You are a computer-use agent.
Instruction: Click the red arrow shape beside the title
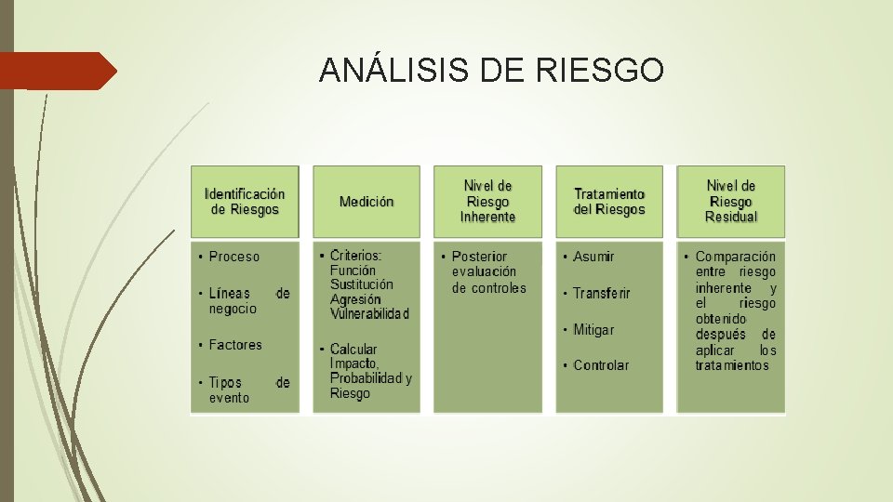58,71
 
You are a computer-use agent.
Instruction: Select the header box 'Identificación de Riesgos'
245,202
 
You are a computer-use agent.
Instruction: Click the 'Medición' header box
367,202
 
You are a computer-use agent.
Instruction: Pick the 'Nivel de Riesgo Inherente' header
487,201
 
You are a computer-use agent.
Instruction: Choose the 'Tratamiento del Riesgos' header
609,202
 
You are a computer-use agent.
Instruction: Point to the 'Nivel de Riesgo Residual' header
731,201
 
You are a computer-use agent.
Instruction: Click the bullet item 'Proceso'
234,257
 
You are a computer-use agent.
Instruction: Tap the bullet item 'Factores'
235,345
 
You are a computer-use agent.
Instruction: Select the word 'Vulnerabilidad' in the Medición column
369,314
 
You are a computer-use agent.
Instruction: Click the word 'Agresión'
355,299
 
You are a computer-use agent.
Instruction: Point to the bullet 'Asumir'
593,257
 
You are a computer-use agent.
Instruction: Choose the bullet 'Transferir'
601,294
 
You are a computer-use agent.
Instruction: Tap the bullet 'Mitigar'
593,330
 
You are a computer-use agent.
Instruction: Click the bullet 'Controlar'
601,365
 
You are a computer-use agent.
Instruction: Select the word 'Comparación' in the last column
736,257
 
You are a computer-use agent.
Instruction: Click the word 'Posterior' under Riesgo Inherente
480,257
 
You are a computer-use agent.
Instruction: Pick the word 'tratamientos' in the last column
732,365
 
